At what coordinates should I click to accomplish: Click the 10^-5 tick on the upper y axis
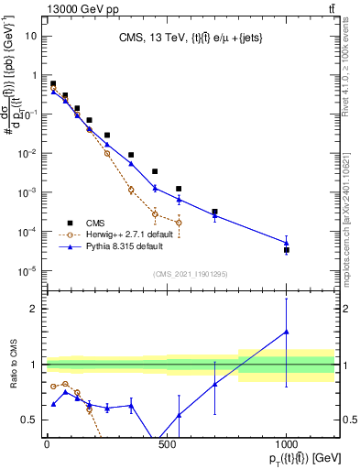pos(27,270)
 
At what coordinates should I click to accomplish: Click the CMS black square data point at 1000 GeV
pos(287,249)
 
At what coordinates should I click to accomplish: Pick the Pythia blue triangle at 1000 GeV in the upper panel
pos(287,243)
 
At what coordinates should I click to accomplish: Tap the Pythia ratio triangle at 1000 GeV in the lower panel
pos(287,332)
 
